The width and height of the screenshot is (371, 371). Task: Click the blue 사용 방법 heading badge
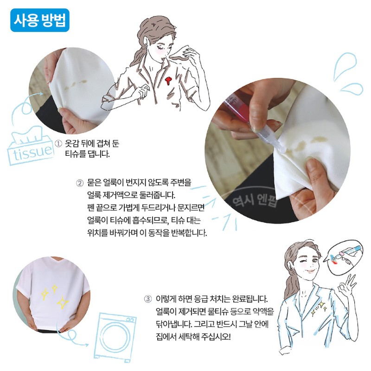coord(40,20)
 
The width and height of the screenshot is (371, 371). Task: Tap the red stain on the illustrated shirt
coord(168,81)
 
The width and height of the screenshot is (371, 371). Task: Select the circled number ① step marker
coord(58,144)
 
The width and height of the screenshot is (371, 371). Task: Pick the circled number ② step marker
coord(80,183)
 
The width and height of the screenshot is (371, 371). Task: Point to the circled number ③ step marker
coord(147,299)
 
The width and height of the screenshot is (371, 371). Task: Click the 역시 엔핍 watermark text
coord(254,200)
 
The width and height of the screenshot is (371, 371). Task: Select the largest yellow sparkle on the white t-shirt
coord(63,302)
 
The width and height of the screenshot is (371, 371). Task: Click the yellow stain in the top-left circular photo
coord(76,84)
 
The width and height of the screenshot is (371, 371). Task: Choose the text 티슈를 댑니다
coord(88,154)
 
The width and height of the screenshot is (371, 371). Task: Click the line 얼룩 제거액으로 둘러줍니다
coord(131,195)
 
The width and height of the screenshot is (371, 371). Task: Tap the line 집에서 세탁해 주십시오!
coord(193,336)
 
